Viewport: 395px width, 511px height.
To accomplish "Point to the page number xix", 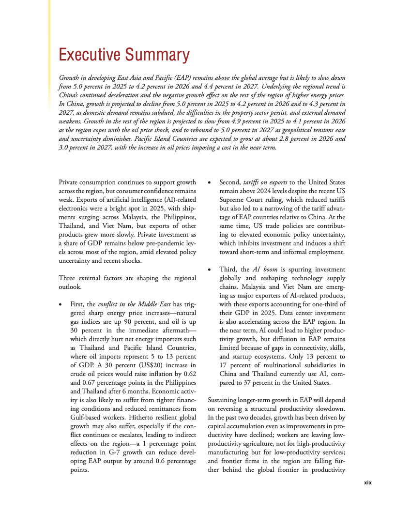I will [x=367, y=482].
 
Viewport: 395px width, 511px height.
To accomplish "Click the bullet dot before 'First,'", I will [x=60, y=305].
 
